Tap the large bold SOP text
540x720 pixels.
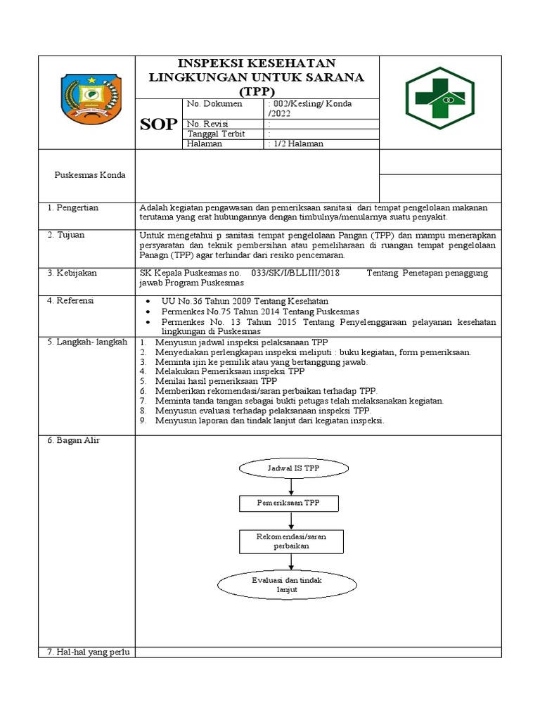click(158, 124)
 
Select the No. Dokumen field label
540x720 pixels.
click(214, 104)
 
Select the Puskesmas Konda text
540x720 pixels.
click(90, 175)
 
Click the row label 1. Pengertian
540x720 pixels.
click(72, 208)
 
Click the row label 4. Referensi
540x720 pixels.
click(70, 301)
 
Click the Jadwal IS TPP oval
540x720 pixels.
click(289, 467)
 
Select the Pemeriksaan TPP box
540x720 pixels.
click(289, 503)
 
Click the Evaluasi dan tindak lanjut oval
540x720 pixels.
click(289, 584)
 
